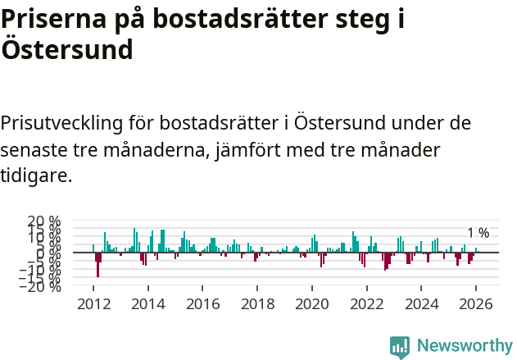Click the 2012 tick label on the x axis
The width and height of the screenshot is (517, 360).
93,303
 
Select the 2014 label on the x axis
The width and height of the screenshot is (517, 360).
148,303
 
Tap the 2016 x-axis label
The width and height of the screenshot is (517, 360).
203,303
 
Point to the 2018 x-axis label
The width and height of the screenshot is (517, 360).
258,303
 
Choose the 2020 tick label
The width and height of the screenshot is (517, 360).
312,303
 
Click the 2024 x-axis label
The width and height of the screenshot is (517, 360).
422,303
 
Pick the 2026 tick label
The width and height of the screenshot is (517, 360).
477,303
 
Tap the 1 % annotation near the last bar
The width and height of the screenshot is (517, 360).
478,233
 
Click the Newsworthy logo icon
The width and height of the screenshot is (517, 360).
400,346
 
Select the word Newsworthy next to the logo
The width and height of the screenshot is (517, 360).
464,346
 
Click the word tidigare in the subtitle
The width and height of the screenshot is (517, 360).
34,176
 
